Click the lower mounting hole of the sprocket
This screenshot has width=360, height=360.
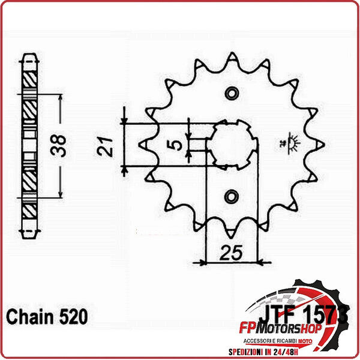232,195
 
